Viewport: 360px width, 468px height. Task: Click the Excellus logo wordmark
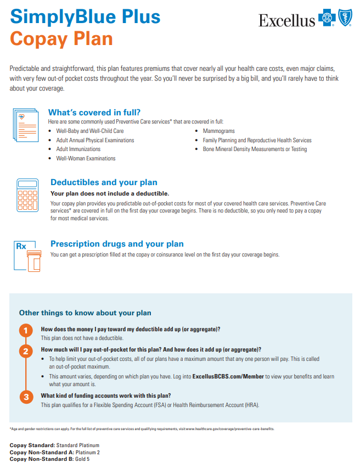pos(286,21)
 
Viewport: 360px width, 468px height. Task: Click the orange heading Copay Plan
pos(61,39)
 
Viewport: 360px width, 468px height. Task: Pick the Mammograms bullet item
pos(218,131)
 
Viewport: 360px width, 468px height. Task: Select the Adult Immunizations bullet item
pos(78,149)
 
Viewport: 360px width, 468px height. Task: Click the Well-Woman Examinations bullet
pos(86,158)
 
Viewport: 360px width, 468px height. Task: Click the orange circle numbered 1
pos(25,331)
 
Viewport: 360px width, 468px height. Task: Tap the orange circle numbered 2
pos(25,352)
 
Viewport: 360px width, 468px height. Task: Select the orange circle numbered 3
pos(25,397)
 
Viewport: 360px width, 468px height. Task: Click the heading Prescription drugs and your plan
pos(117,244)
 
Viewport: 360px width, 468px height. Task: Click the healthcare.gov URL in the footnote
pos(230,428)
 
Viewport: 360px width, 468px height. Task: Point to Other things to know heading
pos(85,313)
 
